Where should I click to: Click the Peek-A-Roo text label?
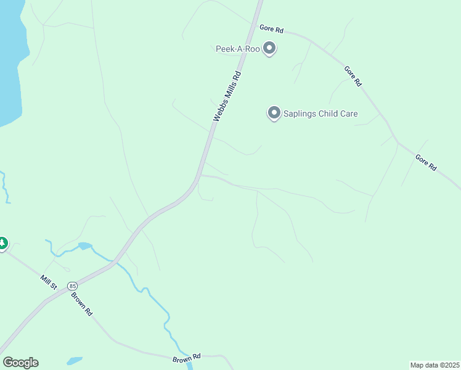237,49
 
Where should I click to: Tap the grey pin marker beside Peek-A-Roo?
269,47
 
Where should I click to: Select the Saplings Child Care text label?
320,113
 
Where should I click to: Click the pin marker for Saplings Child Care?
274,113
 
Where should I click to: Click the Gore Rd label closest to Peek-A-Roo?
271,28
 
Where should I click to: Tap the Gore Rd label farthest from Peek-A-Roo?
426,162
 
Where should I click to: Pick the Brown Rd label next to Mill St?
81,304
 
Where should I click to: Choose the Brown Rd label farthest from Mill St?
187,357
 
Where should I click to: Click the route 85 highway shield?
73,286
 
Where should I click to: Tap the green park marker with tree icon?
2,244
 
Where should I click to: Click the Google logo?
20,363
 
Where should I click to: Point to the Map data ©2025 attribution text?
435,364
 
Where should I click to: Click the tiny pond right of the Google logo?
74,360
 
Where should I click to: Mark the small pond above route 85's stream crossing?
85,246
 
